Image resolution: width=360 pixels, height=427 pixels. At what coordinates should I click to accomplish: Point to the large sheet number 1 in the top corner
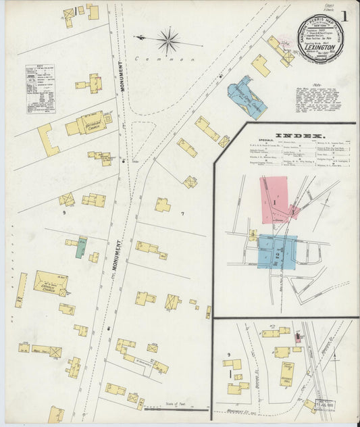click(344, 16)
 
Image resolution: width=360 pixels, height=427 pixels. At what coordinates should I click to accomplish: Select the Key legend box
click(40, 89)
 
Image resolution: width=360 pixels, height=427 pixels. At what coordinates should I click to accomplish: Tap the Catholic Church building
click(51, 282)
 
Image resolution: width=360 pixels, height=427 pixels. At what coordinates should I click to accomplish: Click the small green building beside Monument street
click(81, 247)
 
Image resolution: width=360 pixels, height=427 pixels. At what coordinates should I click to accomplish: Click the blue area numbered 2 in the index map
click(277, 251)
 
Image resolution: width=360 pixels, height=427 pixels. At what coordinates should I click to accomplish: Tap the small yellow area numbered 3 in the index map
click(253, 235)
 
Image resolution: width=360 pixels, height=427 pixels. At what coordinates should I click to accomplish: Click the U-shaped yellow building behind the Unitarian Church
click(47, 139)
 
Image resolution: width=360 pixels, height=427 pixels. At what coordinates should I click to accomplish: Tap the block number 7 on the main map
click(182, 214)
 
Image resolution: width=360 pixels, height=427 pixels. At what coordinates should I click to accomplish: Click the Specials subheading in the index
click(233, 143)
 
